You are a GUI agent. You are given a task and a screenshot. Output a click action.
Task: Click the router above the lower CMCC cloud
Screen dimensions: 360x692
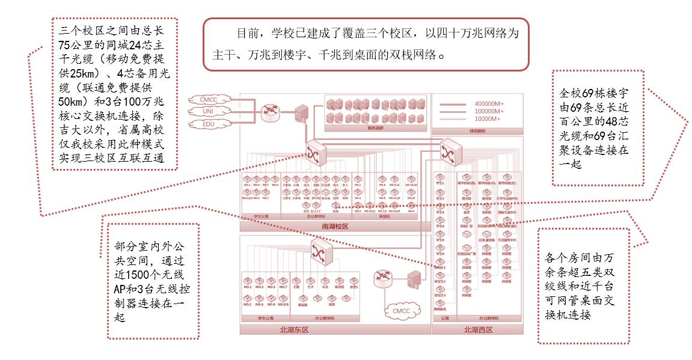point(383,277)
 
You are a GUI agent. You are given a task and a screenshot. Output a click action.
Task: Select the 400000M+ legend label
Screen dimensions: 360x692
point(489,104)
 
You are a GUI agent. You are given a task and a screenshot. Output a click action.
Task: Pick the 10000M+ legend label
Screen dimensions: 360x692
point(488,119)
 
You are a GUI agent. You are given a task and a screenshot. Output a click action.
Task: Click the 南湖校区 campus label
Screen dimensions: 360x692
point(334,227)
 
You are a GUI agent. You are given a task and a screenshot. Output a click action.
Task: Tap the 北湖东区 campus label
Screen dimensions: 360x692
point(295,330)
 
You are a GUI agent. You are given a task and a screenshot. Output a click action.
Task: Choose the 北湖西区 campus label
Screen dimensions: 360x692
point(478,330)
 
